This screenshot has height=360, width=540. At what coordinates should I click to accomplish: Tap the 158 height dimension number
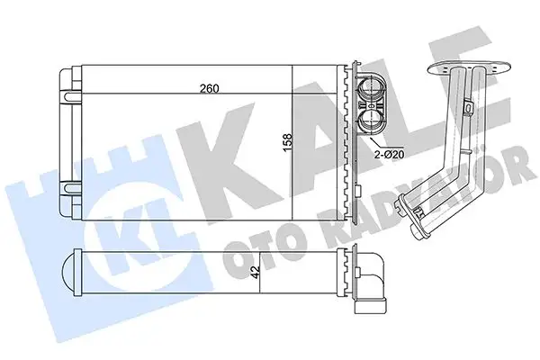coord(286,144)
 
